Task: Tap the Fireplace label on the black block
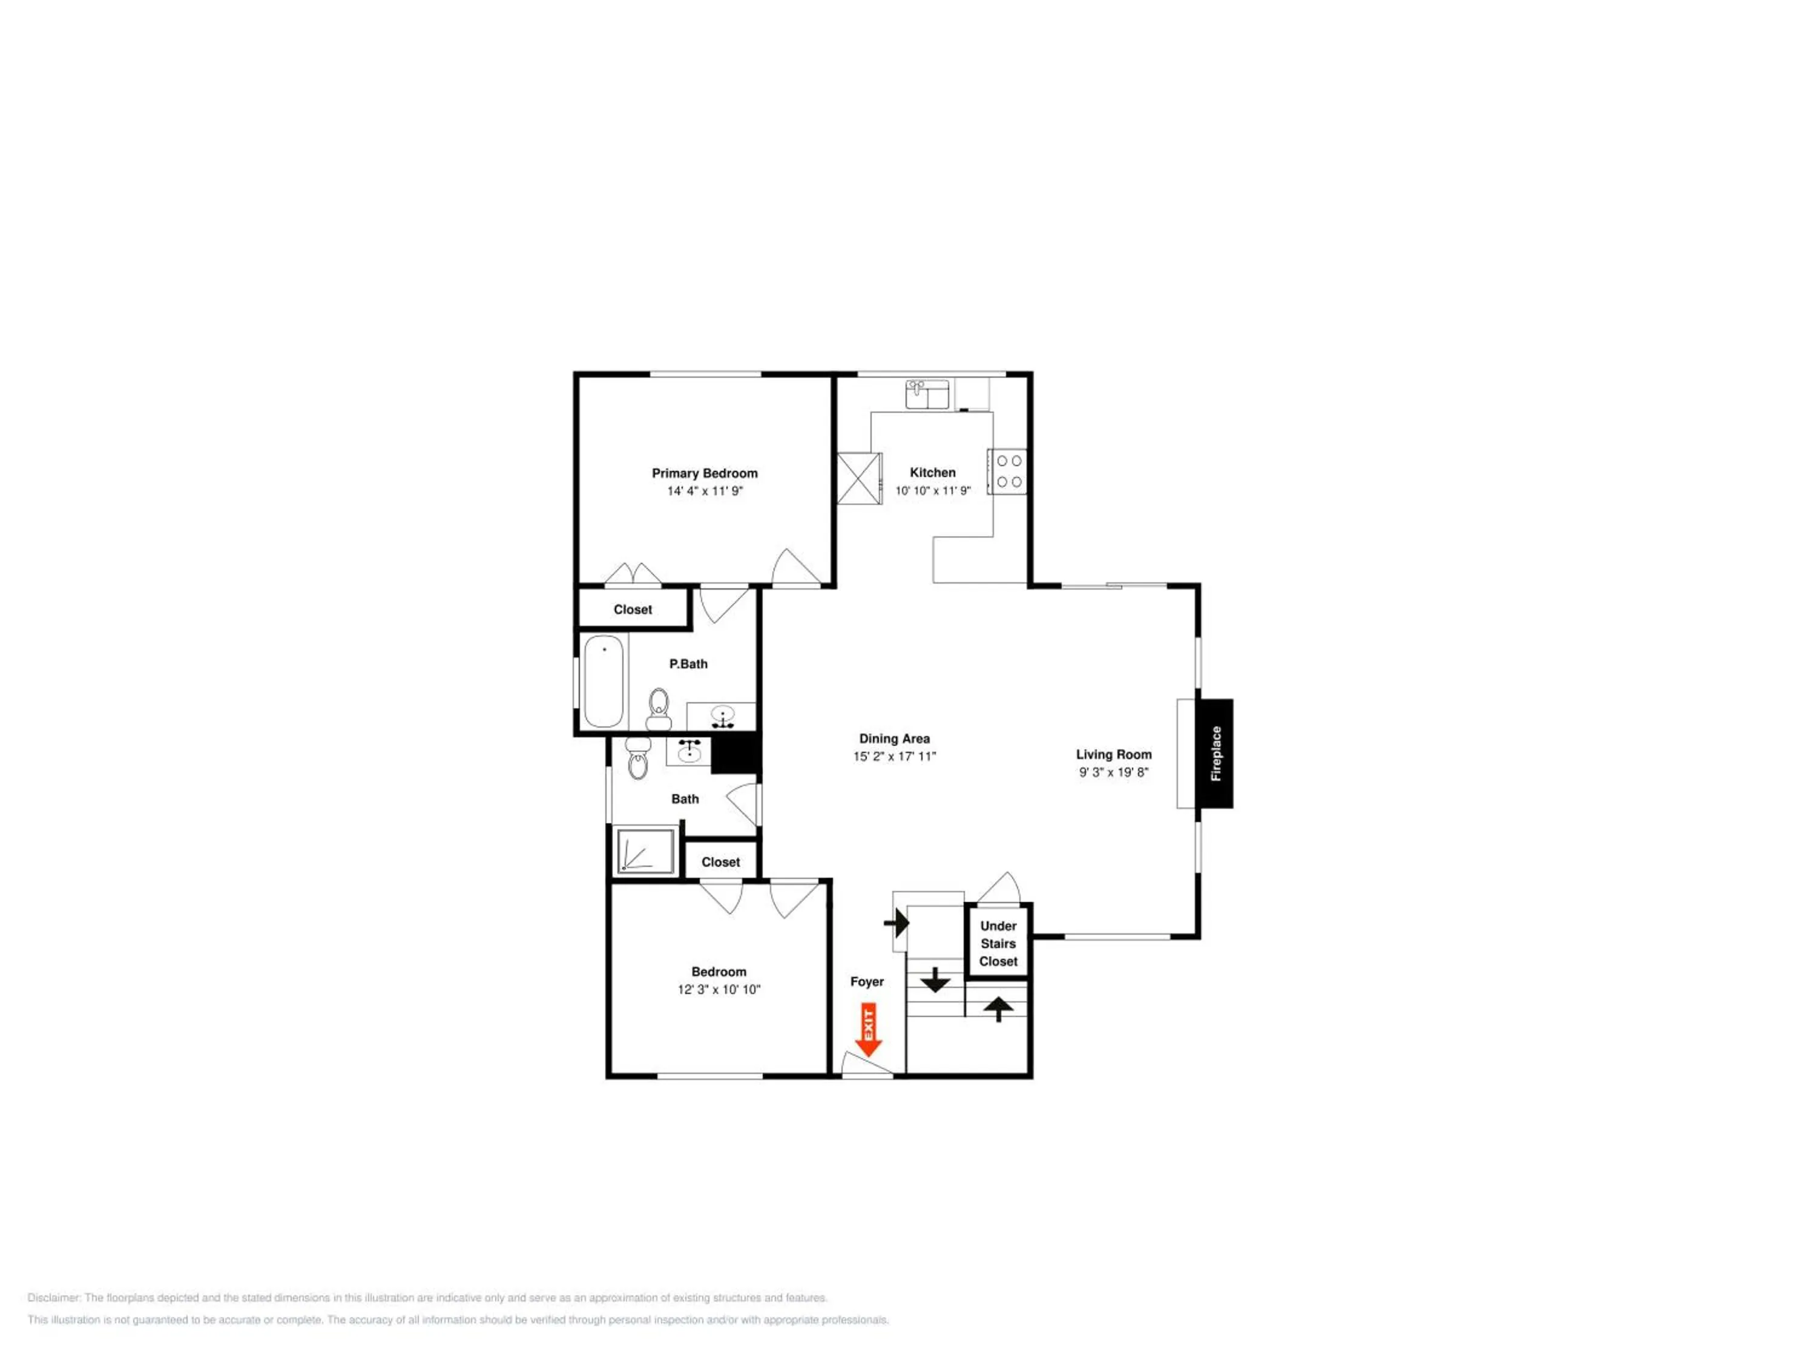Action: click(1216, 753)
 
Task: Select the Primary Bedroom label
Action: click(705, 473)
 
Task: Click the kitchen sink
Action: click(927, 394)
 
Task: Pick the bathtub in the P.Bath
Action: click(604, 680)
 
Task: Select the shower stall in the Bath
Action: click(645, 851)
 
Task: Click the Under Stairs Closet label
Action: click(998, 943)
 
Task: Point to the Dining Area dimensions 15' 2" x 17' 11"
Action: click(895, 756)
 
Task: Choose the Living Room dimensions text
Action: click(1114, 772)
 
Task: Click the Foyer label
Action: click(867, 981)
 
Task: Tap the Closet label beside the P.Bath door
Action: click(633, 609)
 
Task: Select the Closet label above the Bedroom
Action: click(721, 862)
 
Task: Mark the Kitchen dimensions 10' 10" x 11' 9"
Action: click(933, 491)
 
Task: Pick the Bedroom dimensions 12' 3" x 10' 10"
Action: click(719, 989)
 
